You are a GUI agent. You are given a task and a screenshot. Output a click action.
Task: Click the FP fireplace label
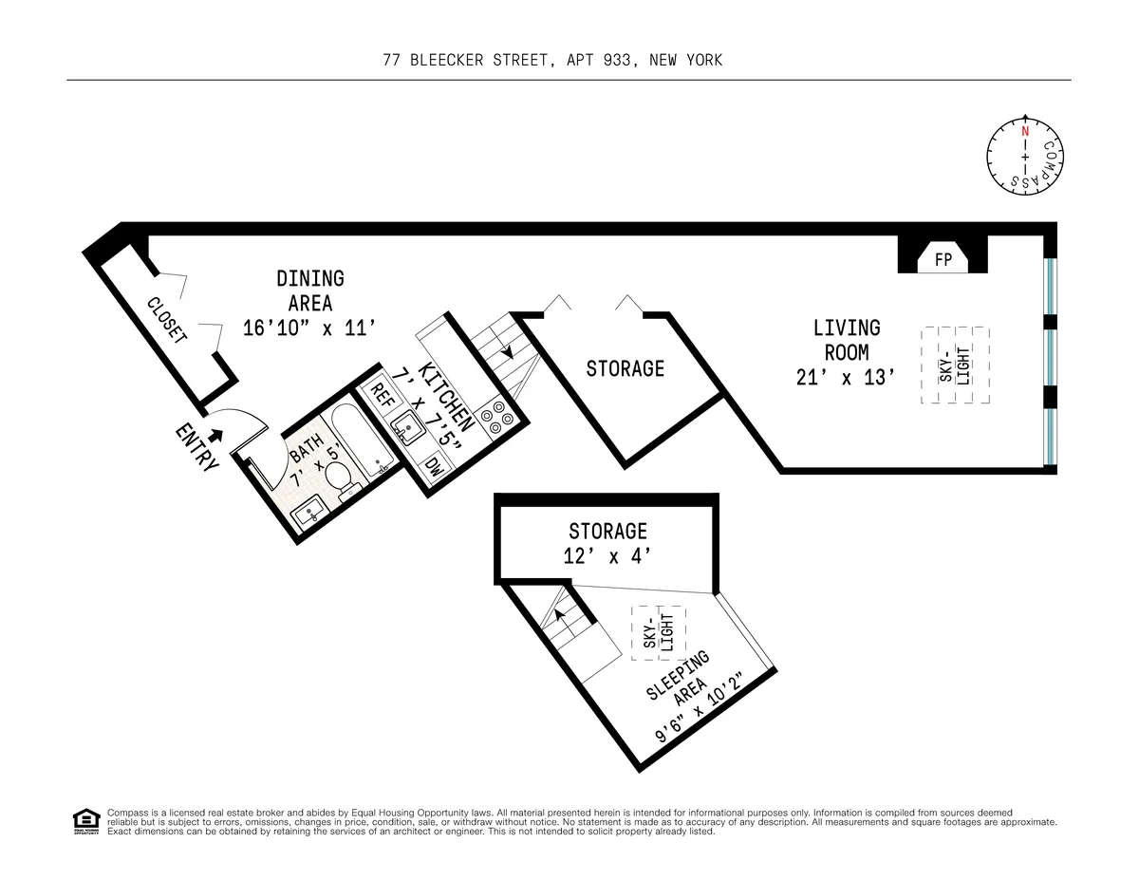coord(943,258)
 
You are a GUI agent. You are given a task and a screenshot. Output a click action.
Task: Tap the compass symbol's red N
coord(1025,131)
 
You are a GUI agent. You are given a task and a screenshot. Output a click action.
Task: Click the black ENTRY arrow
coord(216,435)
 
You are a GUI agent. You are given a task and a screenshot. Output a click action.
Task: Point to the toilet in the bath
coord(338,477)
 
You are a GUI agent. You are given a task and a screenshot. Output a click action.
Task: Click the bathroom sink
coord(308,515)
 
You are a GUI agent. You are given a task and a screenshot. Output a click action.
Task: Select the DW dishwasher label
coord(434,466)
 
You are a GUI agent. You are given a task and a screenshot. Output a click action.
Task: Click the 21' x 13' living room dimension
coord(846,377)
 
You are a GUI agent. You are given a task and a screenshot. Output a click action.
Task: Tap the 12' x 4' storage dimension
coord(607,557)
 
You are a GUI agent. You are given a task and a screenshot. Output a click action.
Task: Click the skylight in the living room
coord(955,365)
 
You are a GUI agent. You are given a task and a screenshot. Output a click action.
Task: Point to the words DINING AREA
coord(310,290)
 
